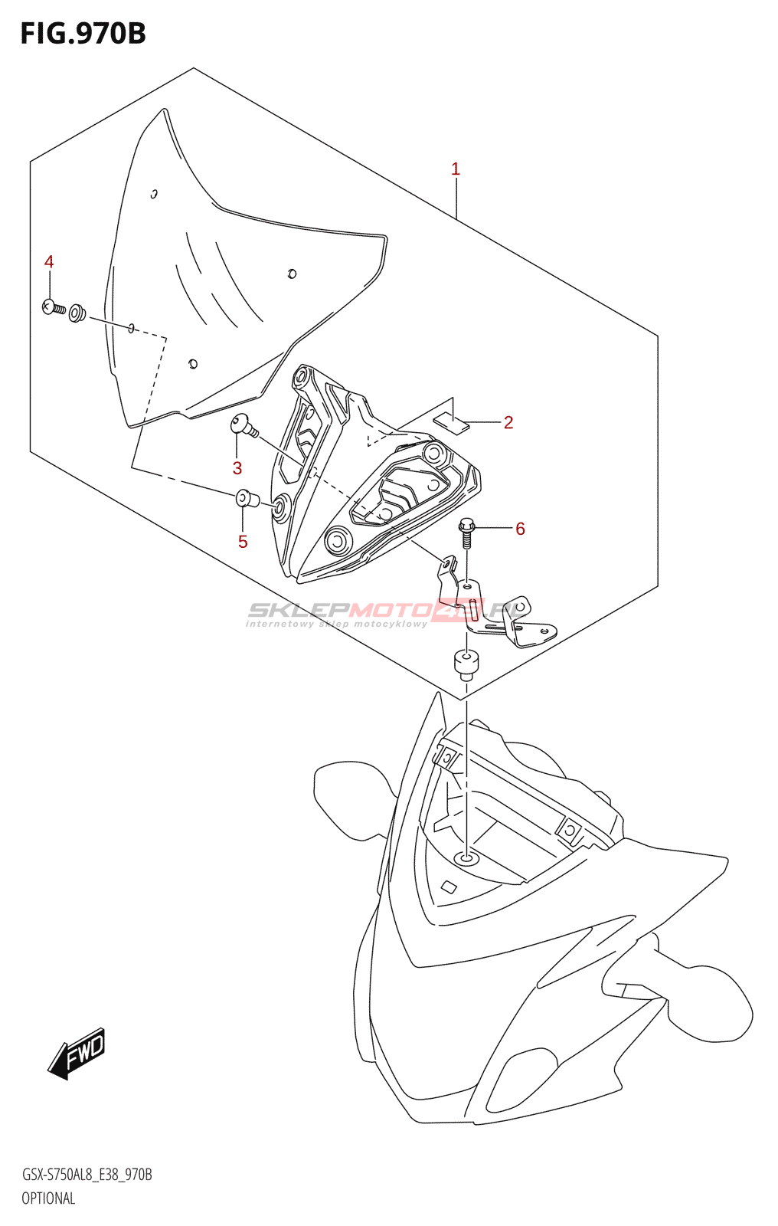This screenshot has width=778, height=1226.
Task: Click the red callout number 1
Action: (456, 169)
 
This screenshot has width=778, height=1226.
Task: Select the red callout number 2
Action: (508, 422)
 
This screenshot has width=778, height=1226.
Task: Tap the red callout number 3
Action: (237, 468)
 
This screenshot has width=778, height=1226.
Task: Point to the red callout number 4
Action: (49, 262)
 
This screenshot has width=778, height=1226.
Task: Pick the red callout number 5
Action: (243, 542)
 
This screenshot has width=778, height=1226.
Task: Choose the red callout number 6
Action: (520, 528)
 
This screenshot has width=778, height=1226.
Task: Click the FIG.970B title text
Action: (83, 34)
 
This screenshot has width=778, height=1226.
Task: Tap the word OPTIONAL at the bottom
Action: (48, 1198)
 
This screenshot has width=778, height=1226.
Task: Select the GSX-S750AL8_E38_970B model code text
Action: (87, 1175)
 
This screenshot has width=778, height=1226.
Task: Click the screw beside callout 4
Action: (54, 308)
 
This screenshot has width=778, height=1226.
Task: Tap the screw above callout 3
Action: (244, 425)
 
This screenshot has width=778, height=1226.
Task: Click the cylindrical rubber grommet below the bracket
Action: (466, 663)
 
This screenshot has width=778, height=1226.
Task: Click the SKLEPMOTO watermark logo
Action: (387, 611)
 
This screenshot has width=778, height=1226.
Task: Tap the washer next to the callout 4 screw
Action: (77, 313)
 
